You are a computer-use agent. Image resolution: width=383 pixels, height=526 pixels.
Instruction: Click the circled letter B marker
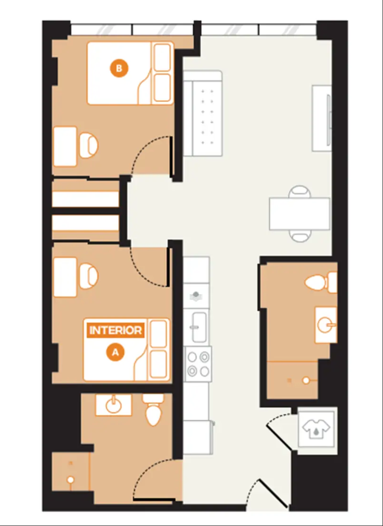119,68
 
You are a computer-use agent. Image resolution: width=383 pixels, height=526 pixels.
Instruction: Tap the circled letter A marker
115,352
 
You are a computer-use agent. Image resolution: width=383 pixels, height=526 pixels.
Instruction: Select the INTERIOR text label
116,331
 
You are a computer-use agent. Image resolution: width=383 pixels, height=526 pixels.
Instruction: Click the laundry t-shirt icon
316,428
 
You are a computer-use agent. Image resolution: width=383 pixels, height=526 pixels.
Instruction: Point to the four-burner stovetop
199,365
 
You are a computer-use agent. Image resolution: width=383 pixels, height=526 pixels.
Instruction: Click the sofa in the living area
203,113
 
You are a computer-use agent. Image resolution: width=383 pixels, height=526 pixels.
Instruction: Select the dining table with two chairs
300,214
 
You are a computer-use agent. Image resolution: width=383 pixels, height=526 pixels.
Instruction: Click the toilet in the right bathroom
321,282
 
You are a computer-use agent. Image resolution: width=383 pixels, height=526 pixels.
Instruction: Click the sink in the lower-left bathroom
114,405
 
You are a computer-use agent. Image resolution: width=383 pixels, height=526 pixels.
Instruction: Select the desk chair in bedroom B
88,146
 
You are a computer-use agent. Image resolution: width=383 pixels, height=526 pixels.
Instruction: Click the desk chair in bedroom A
88,276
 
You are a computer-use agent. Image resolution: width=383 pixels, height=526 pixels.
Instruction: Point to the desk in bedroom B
66,146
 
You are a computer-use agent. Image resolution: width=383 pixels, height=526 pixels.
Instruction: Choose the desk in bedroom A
66,277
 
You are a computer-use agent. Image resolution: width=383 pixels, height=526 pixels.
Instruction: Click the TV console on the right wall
322,118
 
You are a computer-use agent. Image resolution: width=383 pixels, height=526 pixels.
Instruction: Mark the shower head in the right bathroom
306,381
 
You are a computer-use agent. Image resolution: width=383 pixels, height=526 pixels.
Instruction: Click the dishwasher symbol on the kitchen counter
196,296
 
